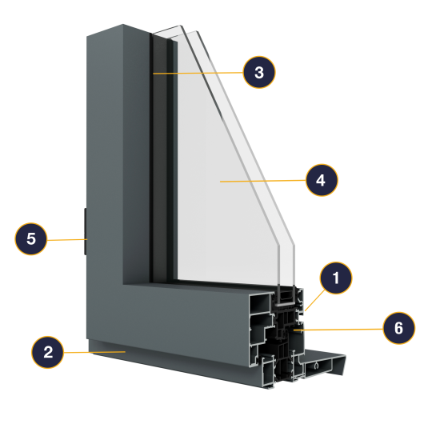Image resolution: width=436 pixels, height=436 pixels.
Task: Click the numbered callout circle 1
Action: (x=336, y=278)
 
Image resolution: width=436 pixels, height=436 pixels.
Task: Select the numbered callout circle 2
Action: (x=47, y=352)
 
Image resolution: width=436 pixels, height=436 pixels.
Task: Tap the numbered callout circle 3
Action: (x=259, y=72)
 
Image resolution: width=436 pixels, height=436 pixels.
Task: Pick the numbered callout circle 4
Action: (x=322, y=180)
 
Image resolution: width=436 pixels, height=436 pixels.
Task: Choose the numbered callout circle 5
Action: (x=31, y=238)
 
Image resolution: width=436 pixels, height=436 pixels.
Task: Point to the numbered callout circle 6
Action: (x=398, y=328)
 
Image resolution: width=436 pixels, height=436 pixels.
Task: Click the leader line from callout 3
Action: (x=198, y=73)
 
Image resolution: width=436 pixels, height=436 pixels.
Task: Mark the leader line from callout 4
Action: (x=263, y=181)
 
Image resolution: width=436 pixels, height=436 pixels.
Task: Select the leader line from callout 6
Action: (x=338, y=330)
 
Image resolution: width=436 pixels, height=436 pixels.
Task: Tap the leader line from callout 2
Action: (x=94, y=352)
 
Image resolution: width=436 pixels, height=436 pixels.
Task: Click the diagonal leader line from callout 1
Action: (x=314, y=300)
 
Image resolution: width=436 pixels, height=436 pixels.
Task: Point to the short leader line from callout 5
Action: (x=67, y=239)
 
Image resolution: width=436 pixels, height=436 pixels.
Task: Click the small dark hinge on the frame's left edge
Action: (x=85, y=231)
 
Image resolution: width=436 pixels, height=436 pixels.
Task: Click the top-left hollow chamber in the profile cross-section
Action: (x=260, y=303)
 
